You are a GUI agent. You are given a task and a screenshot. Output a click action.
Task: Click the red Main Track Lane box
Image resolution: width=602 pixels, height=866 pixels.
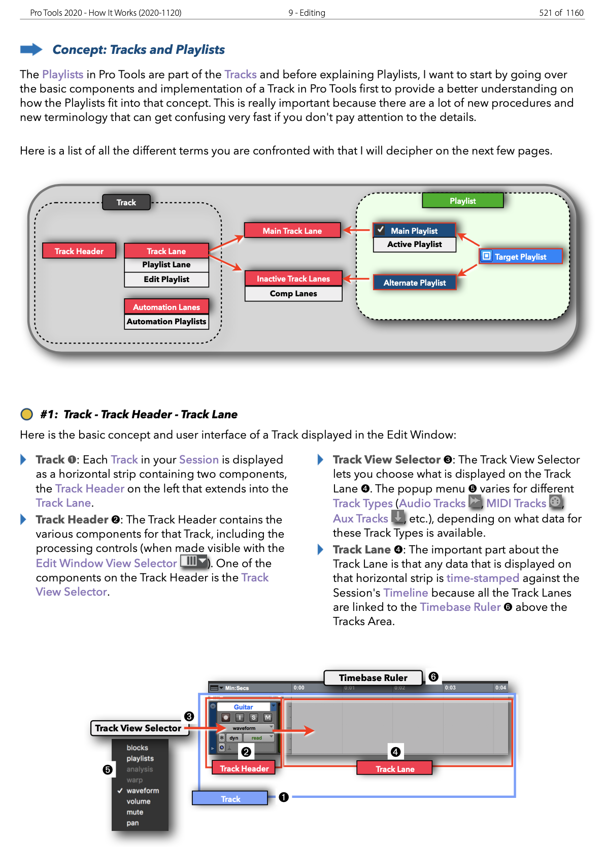tap(292, 231)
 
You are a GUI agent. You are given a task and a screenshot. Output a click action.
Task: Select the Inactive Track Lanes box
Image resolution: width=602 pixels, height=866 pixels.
tap(293, 279)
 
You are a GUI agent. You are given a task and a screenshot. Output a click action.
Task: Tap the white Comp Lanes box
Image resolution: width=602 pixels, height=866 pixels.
tap(293, 294)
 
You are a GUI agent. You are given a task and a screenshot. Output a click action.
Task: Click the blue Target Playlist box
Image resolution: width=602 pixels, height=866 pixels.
tap(521, 257)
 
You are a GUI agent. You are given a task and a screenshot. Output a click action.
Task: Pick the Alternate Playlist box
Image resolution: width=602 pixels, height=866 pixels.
tap(414, 283)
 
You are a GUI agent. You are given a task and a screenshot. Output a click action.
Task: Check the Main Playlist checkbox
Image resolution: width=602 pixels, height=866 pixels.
tap(380, 230)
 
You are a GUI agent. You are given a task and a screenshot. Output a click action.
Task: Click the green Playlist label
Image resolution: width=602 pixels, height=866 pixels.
tap(462, 201)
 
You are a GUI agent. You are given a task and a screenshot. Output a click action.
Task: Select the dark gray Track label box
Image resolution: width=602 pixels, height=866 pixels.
tap(126, 202)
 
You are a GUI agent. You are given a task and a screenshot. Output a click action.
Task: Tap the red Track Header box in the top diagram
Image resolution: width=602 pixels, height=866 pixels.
tap(79, 251)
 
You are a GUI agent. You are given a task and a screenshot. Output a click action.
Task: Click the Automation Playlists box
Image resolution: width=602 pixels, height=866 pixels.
tap(166, 322)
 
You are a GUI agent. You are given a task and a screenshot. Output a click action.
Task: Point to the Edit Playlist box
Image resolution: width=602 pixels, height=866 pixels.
tap(166, 280)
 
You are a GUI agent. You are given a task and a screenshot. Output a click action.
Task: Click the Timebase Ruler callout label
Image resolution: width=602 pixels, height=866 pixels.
tap(373, 677)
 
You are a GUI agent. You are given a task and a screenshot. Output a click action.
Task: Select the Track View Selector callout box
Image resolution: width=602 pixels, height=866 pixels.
tap(138, 728)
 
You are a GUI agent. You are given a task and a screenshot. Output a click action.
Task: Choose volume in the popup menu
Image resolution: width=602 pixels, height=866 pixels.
tap(139, 801)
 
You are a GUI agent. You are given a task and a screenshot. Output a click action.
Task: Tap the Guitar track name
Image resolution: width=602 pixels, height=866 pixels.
tap(244, 707)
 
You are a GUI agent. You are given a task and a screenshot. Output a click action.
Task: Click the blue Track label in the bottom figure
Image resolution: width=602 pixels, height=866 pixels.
tap(230, 799)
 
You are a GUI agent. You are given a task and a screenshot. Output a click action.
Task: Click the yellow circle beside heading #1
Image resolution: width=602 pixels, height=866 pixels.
tap(26, 414)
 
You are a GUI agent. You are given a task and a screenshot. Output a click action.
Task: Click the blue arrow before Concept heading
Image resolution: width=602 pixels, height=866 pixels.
tap(31, 49)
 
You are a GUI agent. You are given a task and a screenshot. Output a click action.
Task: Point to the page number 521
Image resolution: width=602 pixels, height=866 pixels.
tap(546, 13)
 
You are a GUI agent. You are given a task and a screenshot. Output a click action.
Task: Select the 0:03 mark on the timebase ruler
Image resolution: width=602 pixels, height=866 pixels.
tap(450, 688)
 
